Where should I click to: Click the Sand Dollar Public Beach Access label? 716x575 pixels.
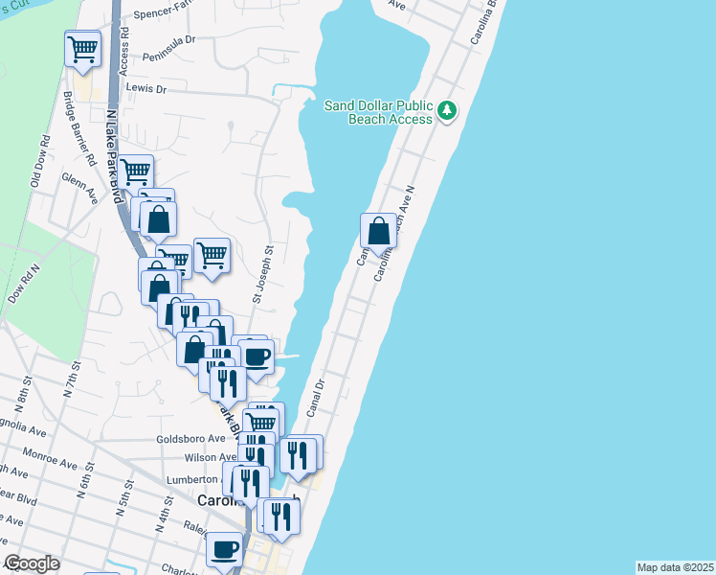(379, 112)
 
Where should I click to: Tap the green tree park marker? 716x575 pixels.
(447, 112)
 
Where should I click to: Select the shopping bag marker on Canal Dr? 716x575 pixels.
(379, 232)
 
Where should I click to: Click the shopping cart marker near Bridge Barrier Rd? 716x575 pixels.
(83, 49)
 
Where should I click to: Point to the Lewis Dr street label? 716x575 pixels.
(146, 88)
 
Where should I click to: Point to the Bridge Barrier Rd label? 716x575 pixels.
(78, 128)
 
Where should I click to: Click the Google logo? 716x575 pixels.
(32, 563)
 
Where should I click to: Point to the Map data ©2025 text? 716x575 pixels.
(675, 567)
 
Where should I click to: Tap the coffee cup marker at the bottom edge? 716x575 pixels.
(225, 550)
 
